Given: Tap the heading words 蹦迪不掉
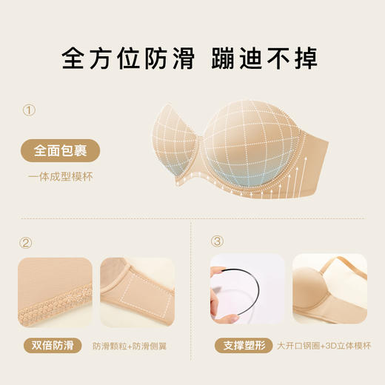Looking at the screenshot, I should (x=264, y=58).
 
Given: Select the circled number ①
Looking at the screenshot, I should (x=29, y=111).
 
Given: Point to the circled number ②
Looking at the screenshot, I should (x=27, y=242).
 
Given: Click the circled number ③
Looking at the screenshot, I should (x=218, y=242).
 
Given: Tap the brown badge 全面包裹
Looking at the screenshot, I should (x=60, y=150).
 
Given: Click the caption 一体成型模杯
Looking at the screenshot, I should (x=61, y=176).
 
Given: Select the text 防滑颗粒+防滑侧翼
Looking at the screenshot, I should (x=133, y=346).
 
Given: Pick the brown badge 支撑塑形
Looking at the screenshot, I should (x=241, y=346).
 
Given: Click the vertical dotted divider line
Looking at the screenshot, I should (x=192, y=296).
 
